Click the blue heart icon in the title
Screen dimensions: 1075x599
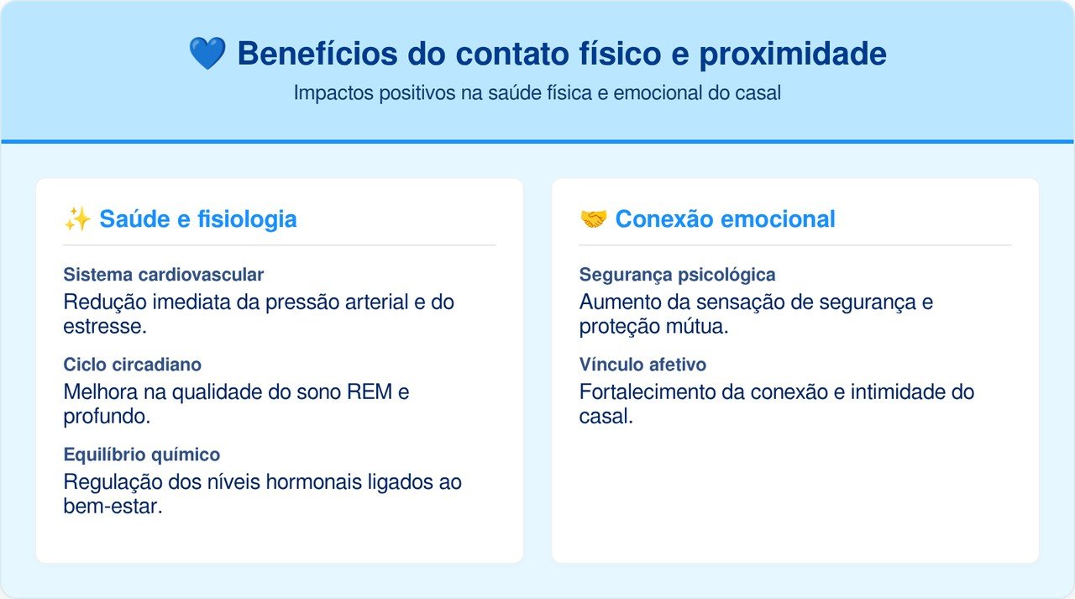(207, 53)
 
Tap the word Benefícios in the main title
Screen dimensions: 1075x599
(317, 53)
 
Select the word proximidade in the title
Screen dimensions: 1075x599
(793, 55)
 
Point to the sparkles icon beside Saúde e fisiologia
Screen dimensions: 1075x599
(77, 219)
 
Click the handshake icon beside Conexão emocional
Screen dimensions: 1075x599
(593, 219)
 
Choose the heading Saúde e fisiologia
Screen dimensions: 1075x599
(197, 219)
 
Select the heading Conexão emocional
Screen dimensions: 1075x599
(725, 219)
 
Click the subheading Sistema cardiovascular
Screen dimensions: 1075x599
(164, 275)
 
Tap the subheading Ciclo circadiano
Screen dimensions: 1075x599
(133, 365)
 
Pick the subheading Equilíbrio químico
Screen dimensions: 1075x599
(142, 455)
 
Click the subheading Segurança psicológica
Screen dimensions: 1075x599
(677, 275)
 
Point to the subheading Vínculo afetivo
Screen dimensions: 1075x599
(642, 365)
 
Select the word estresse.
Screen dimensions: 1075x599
(105, 327)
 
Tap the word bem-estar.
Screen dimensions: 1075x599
(113, 507)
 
